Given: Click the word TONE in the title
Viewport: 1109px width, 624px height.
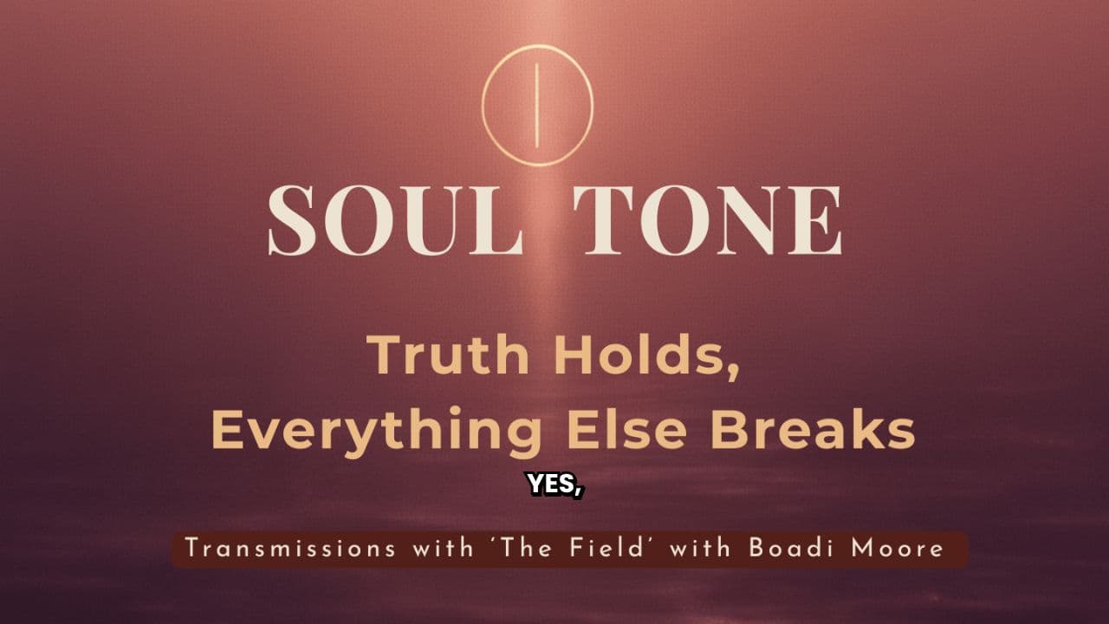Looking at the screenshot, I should pos(709,219).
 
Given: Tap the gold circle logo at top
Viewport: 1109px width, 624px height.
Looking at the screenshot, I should pos(537,105).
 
